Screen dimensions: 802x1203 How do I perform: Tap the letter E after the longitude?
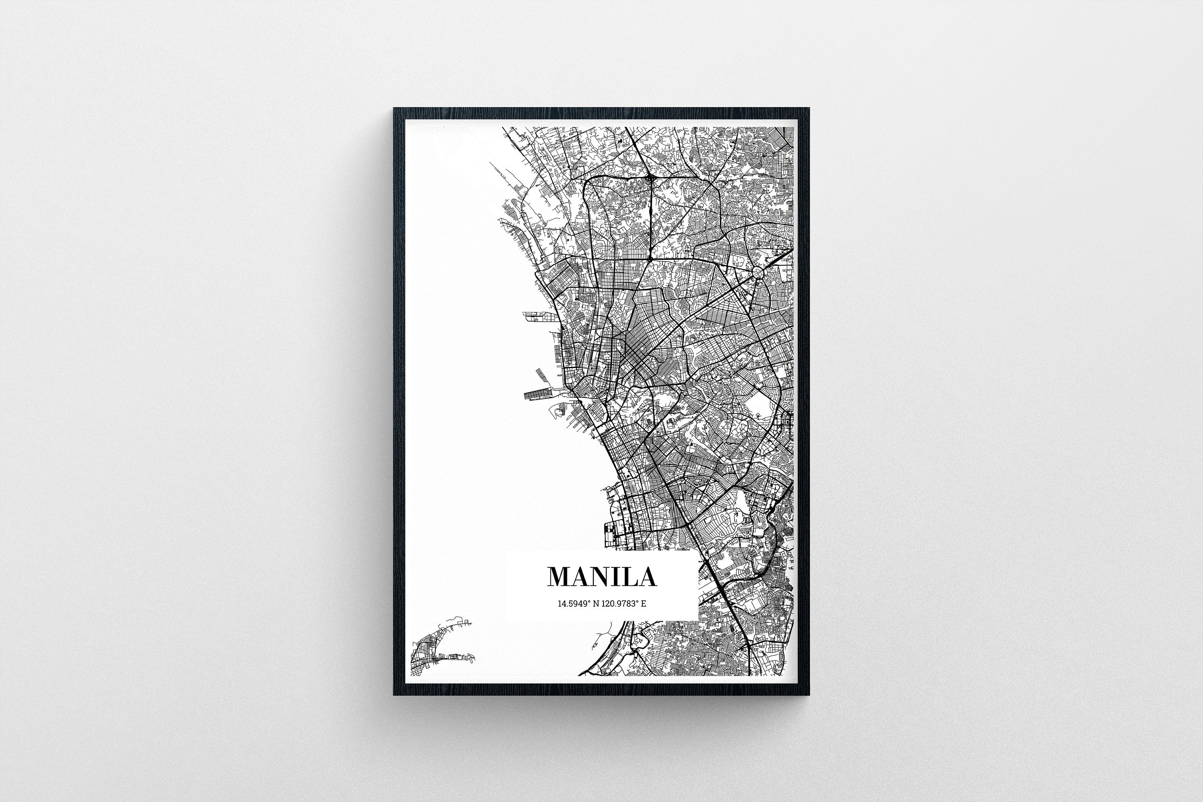(x=644, y=604)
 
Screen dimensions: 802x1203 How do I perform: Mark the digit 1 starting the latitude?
(x=559, y=604)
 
